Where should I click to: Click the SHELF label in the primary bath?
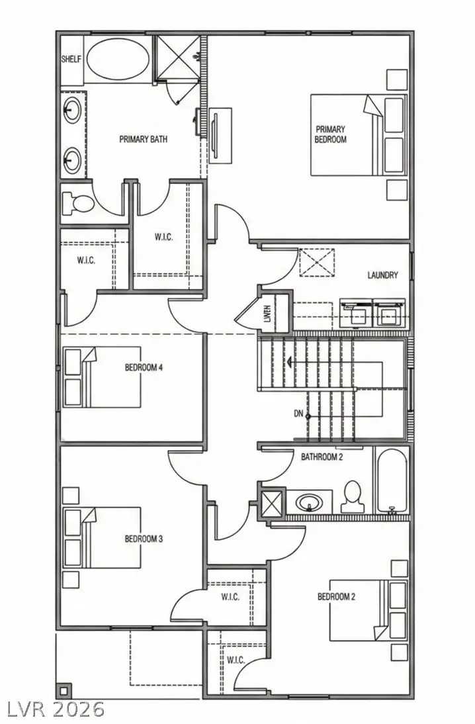click(71, 59)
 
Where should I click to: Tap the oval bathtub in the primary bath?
click(118, 59)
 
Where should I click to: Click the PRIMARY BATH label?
click(143, 140)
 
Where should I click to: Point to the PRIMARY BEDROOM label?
click(330, 134)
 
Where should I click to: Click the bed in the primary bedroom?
click(357, 135)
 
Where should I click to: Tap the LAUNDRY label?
click(382, 275)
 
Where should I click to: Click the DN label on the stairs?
click(298, 414)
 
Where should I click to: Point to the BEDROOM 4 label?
click(144, 368)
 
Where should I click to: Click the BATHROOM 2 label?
click(322, 457)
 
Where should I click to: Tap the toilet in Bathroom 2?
click(352, 496)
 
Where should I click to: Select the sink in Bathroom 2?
click(309, 502)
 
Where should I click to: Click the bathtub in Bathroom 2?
click(392, 481)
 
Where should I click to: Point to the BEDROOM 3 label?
click(144, 539)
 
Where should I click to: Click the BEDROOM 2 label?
click(336, 597)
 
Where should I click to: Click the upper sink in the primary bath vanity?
click(72, 108)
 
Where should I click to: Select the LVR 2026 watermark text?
click(56, 709)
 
